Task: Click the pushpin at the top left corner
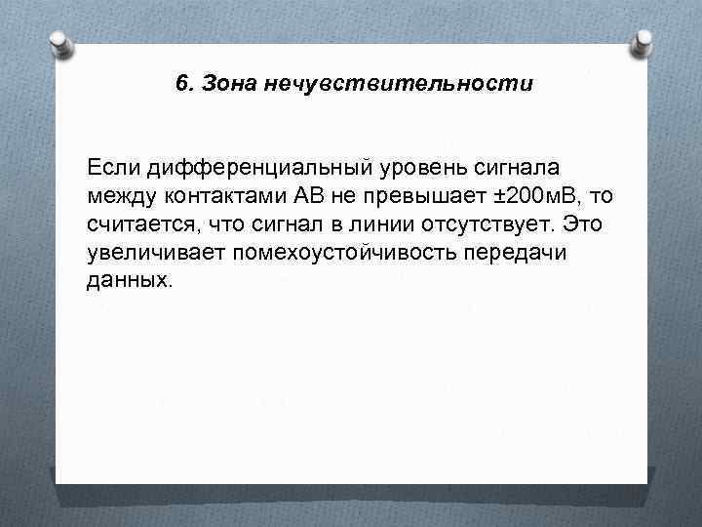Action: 58,42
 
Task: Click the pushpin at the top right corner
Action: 643,42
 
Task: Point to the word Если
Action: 112,167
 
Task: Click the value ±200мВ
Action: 536,195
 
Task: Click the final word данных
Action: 128,281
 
